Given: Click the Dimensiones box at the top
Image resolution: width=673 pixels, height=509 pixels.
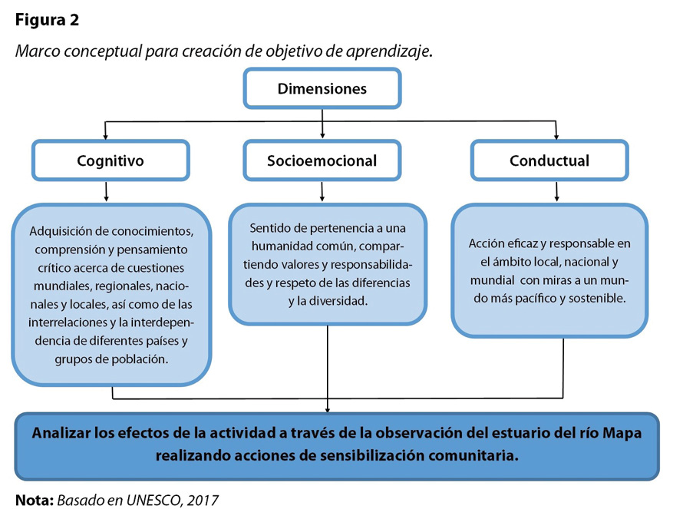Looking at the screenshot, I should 322,88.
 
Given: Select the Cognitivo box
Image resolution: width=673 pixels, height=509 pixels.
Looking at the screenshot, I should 110,160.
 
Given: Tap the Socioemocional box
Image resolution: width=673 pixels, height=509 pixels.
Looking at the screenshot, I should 322,160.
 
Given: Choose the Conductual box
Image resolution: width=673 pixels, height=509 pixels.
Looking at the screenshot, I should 549,160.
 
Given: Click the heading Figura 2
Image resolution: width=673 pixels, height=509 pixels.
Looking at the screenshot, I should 47,20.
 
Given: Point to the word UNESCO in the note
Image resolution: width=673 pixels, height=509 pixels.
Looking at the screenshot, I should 155,501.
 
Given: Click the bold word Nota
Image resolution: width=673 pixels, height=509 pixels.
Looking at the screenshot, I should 33,501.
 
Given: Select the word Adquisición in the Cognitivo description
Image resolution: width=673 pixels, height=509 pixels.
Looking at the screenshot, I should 59,230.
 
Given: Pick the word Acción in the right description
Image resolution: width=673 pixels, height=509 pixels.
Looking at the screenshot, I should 486,243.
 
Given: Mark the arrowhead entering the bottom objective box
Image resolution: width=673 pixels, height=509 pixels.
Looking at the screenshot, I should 328,408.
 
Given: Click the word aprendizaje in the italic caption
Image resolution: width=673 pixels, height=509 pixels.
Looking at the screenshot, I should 392,51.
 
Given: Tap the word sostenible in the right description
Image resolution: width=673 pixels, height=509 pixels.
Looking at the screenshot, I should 596,297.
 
